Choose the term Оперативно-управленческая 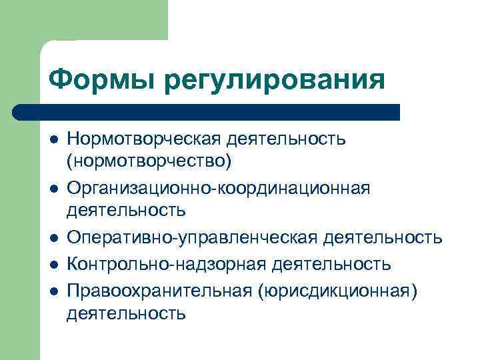pyautogui.click(x=193, y=238)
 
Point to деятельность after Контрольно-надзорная pyautogui.click(x=332, y=265)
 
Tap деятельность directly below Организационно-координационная pyautogui.click(x=126, y=211)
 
